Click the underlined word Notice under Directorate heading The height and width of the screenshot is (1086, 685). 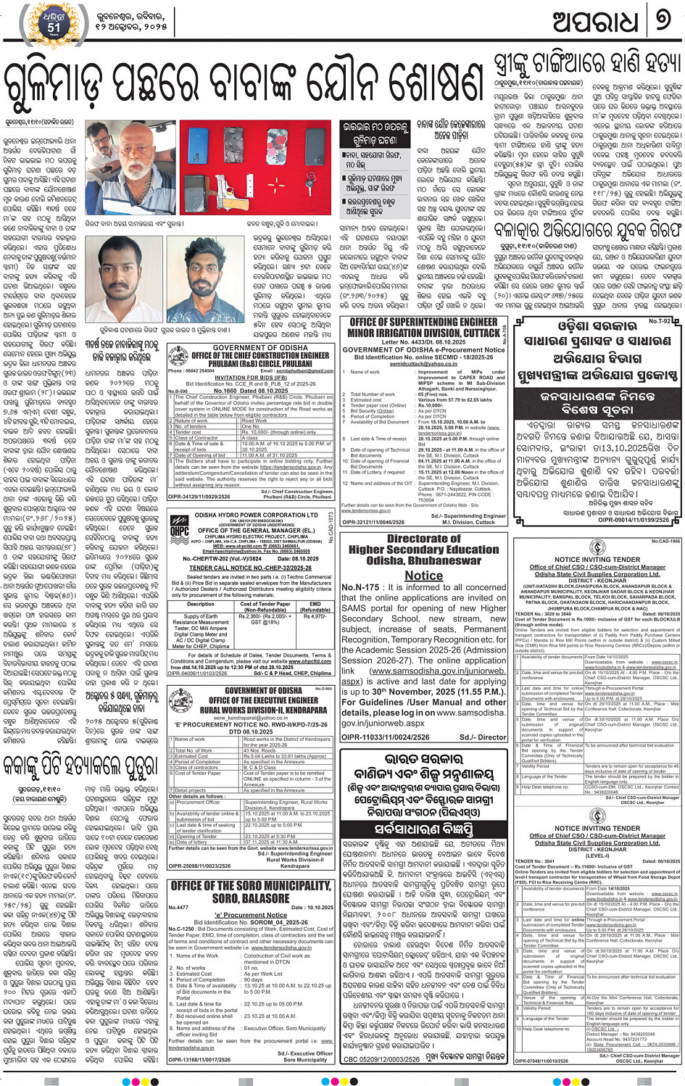tap(423, 576)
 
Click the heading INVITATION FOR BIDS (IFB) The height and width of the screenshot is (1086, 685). tap(250, 377)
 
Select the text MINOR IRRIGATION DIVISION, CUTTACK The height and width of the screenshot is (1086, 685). tap(423, 333)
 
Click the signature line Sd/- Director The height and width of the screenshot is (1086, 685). tap(483, 737)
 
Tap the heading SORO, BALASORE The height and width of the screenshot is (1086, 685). tap(250, 898)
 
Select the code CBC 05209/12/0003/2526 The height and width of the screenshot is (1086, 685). tap(381, 1059)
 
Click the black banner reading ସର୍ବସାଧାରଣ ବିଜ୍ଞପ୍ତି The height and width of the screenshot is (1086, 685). tap(424, 828)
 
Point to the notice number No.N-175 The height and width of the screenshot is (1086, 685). tap(360, 587)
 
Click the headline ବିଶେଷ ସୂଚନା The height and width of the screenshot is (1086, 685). tap(598, 416)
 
